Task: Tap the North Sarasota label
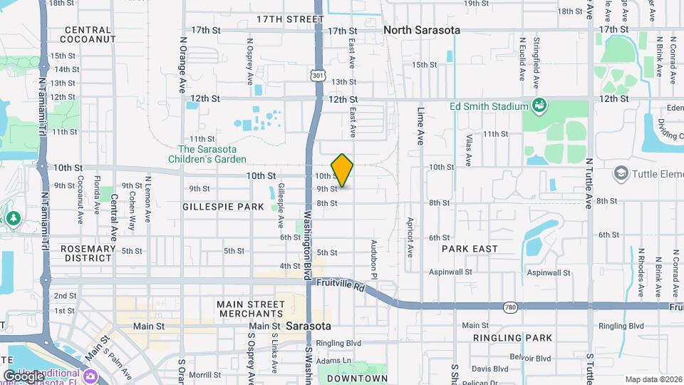pos(422,31)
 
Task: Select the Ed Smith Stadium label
pos(488,107)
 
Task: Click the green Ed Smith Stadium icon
pos(539,106)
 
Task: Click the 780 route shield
pos(509,307)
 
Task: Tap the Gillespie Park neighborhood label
pos(223,206)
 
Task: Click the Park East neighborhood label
pos(470,249)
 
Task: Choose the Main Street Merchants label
pos(252,309)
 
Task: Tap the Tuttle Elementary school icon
pos(621,173)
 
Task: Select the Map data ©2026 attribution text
pos(653,379)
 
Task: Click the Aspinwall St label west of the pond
pos(450,272)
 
